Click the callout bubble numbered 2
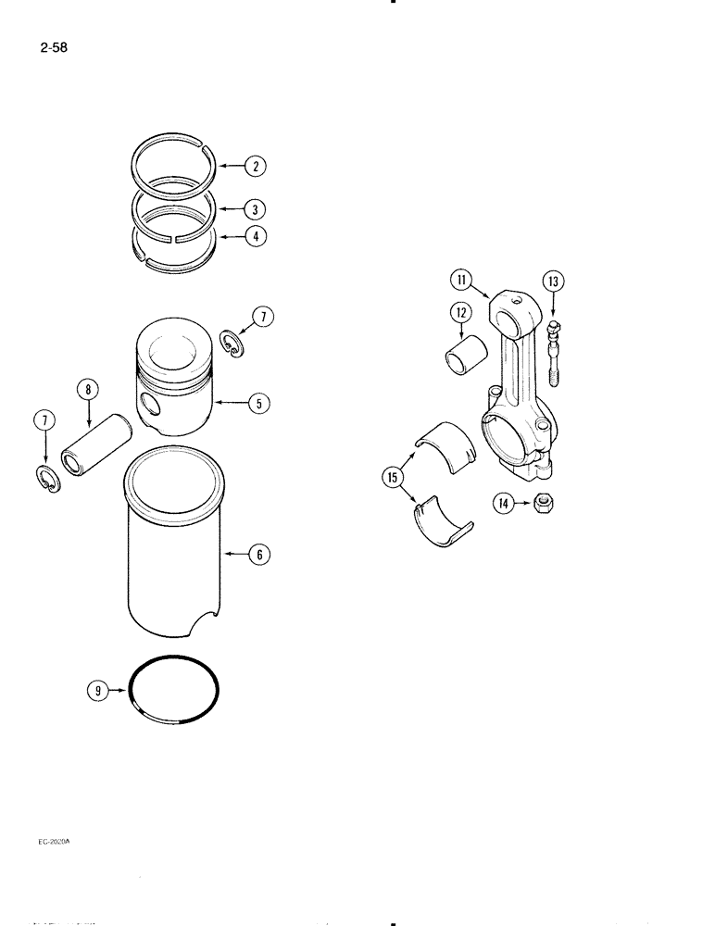[256, 167]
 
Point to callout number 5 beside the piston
[258, 403]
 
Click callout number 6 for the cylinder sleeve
[259, 555]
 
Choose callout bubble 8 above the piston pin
[88, 391]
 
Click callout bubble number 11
[460, 278]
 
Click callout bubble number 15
[392, 477]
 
